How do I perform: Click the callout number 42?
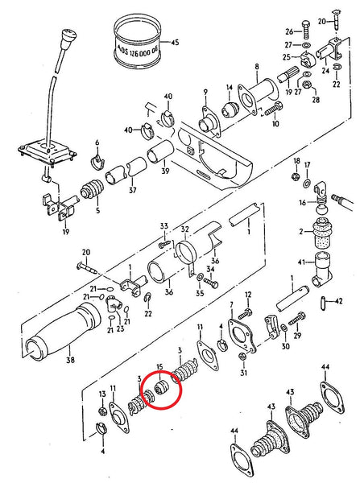[339, 302]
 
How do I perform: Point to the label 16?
[302, 203]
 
